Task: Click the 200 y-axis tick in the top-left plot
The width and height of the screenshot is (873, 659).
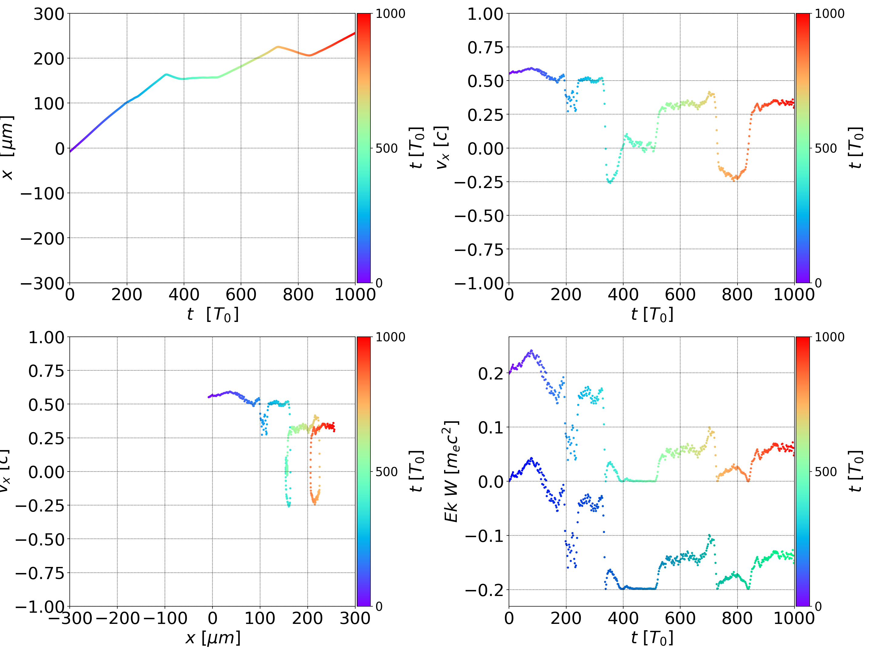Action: point(48,59)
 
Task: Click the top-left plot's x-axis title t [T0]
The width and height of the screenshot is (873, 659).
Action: point(213,315)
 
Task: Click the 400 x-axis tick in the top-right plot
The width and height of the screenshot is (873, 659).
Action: point(623,295)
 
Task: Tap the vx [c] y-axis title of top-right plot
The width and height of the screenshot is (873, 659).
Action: point(442,148)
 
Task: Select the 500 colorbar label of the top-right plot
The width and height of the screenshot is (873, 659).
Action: point(825,149)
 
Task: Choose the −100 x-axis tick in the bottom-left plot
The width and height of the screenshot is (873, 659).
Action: point(165,618)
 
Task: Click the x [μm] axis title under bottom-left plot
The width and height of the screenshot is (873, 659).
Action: point(213,638)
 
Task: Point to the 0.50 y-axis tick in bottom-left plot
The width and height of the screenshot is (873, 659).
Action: point(46,405)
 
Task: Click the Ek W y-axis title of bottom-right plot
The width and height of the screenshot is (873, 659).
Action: point(451,471)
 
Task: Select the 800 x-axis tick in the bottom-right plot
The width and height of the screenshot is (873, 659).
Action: point(737,618)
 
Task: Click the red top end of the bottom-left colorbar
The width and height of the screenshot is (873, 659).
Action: point(364,339)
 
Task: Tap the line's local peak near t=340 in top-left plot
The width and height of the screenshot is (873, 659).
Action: point(166,74)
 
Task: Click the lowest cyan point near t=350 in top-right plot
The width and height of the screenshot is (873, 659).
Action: point(610,183)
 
